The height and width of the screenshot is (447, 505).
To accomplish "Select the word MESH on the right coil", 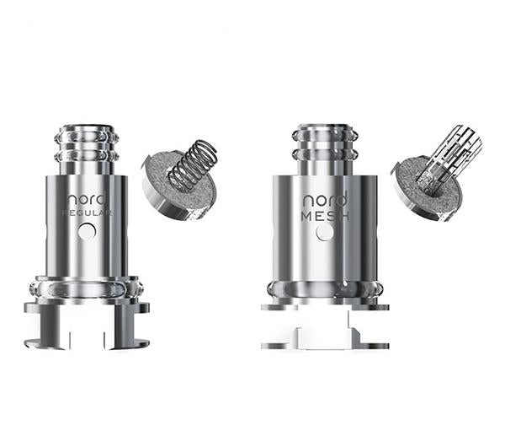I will pos(322,217).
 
